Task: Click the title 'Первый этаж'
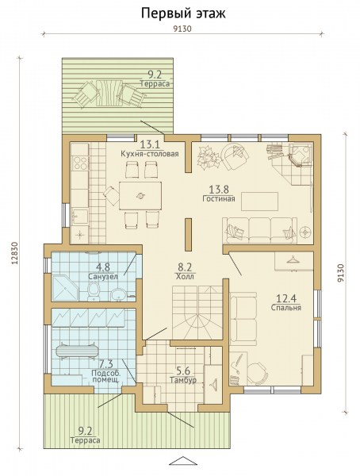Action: [x=183, y=13]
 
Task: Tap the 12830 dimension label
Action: [x=14, y=253]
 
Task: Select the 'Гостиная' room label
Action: [x=219, y=199]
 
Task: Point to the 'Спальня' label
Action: [x=286, y=308]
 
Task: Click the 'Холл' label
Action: [x=185, y=277]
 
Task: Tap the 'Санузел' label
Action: [x=103, y=277]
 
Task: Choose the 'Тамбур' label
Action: [x=183, y=380]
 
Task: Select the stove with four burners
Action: [x=81, y=163]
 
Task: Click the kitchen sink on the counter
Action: [x=79, y=217]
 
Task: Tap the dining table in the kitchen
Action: [x=140, y=196]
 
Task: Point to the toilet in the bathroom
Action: [x=94, y=290]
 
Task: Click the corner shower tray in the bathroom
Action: [x=65, y=288]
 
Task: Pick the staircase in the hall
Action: [x=197, y=313]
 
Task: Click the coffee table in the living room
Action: [x=260, y=202]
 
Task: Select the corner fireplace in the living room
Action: [x=300, y=155]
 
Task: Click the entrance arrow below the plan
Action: [x=183, y=460]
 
